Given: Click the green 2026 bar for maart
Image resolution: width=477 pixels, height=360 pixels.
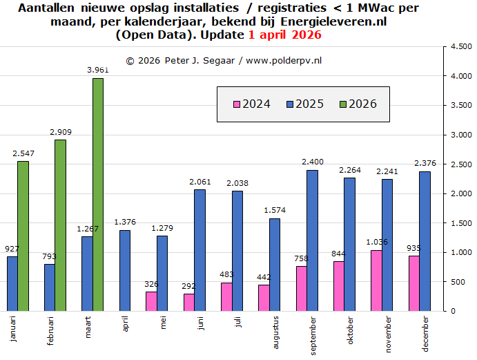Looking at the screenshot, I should click(98, 194).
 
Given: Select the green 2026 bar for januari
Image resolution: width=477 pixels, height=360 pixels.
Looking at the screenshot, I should click(23, 236).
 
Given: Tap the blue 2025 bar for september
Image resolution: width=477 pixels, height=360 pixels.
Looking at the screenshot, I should click(312, 240).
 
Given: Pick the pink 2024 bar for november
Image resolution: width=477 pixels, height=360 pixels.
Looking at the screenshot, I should click(376, 281).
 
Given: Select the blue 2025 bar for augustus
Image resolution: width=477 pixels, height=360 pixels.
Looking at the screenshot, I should click(274, 265).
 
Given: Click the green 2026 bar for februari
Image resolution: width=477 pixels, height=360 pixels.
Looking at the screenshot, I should click(61, 225).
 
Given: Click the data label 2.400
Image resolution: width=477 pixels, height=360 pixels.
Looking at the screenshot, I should click(312, 162).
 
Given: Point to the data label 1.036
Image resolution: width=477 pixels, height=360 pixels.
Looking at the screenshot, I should click(376, 242).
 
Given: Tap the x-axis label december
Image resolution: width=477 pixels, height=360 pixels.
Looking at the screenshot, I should click(425, 334).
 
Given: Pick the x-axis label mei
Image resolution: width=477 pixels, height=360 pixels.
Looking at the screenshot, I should click(163, 323).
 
